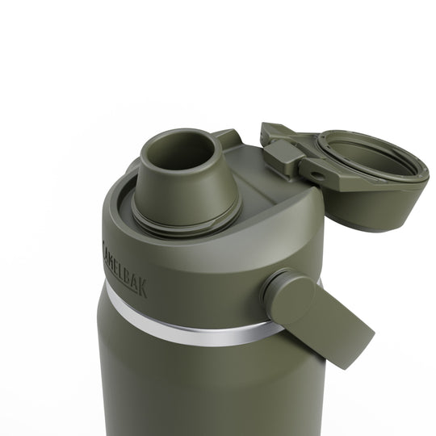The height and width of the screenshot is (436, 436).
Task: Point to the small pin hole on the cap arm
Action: pyautogui.click(x=316, y=174)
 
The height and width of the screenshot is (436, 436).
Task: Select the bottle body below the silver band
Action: pyautogui.click(x=202, y=388)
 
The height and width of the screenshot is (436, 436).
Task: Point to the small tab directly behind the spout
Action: pyautogui.click(x=227, y=138)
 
